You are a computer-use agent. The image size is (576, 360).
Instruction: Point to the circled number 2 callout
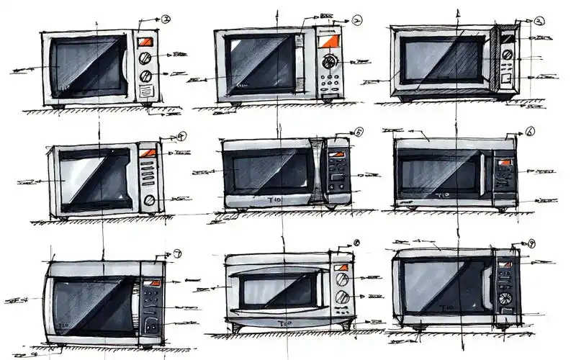(x=357, y=20)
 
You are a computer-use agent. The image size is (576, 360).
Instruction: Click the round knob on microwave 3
(x=508, y=54)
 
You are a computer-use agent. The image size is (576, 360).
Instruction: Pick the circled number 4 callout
(x=181, y=135)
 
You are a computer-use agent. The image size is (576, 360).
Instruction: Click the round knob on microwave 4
(x=150, y=200)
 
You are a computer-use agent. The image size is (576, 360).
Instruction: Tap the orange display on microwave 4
(x=148, y=153)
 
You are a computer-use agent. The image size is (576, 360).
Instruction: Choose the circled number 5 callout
(x=359, y=132)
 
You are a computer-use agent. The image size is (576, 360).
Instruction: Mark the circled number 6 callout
(x=530, y=132)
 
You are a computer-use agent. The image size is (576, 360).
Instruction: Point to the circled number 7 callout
(x=177, y=254)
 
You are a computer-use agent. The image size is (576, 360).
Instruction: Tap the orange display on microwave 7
(x=152, y=282)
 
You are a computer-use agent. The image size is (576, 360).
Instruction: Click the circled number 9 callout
(x=531, y=244)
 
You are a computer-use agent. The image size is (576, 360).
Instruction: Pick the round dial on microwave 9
(x=505, y=298)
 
